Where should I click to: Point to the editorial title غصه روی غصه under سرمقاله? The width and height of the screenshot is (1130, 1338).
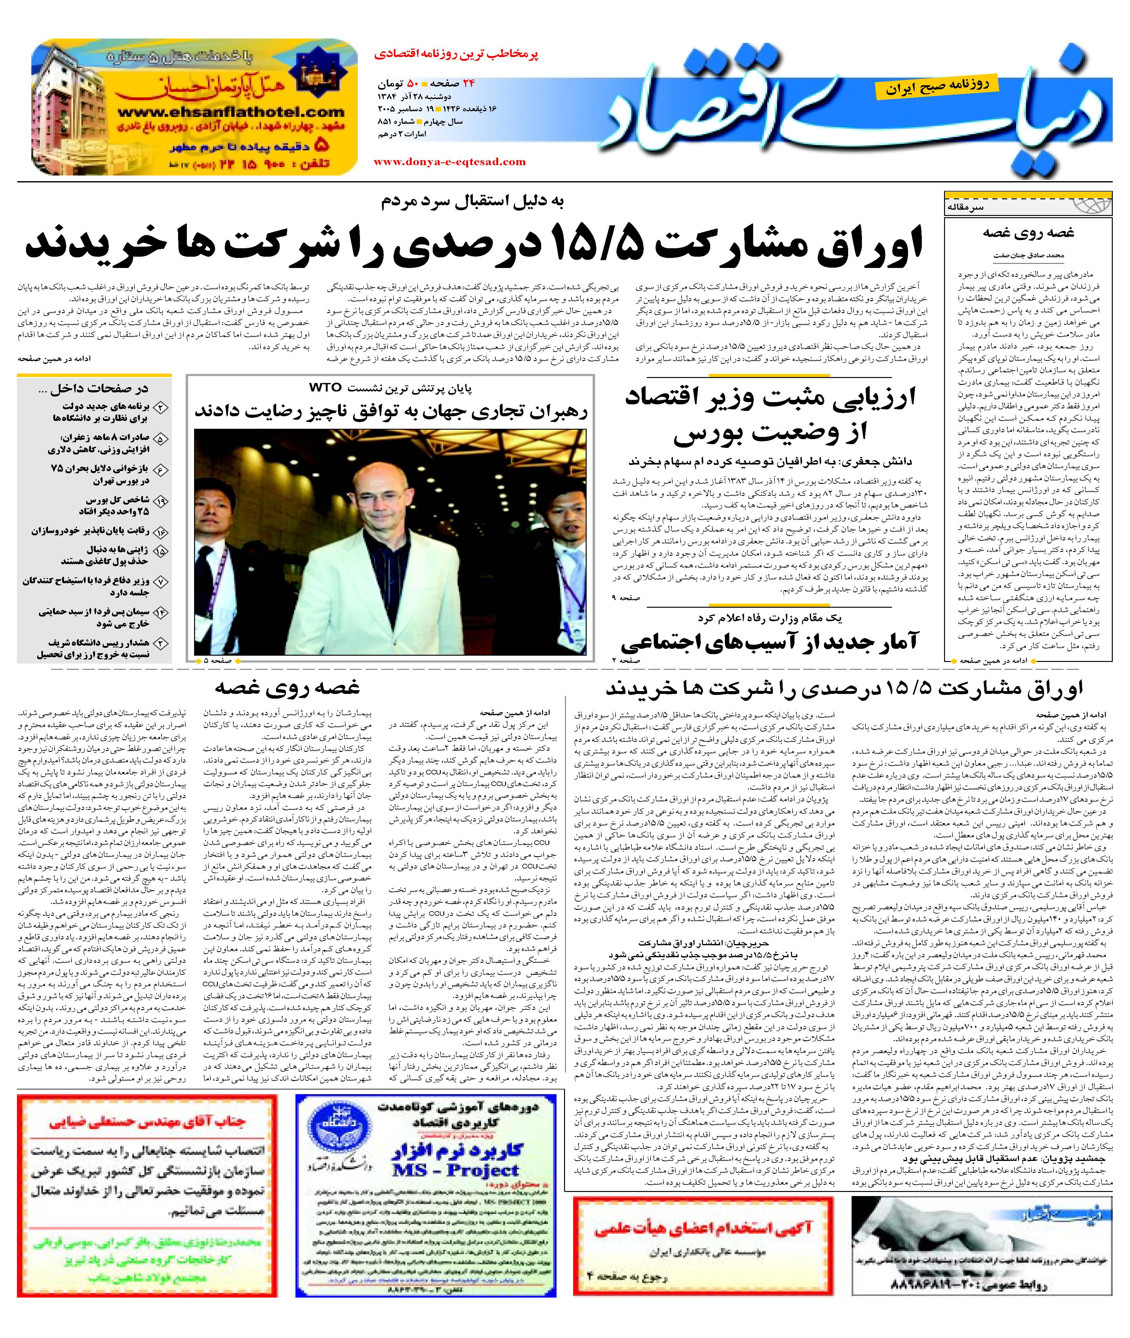click(x=1029, y=233)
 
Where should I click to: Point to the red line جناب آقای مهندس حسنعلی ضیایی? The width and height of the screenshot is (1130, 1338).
click(x=147, y=1122)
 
